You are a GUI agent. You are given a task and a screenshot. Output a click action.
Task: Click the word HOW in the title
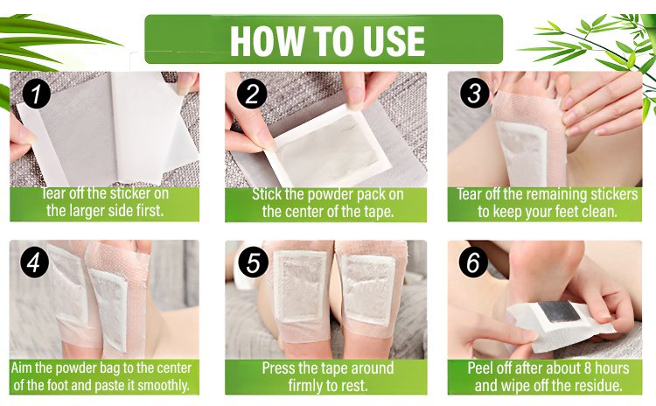coord(266,40)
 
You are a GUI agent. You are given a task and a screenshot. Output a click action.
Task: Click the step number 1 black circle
coord(37,94)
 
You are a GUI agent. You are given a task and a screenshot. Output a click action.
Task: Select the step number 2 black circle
coord(252,94)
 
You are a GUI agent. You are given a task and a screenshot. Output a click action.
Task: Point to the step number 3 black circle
coord(474,93)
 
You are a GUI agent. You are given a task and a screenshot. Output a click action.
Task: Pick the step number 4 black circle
coord(34,262)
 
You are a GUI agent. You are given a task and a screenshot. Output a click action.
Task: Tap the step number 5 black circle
coord(253,262)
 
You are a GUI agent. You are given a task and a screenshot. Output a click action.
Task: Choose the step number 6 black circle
coord(473,262)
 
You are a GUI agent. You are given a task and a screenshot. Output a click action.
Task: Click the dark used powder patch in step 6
coord(560,311)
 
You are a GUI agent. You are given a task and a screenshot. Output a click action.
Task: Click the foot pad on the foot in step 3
coord(522,154)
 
